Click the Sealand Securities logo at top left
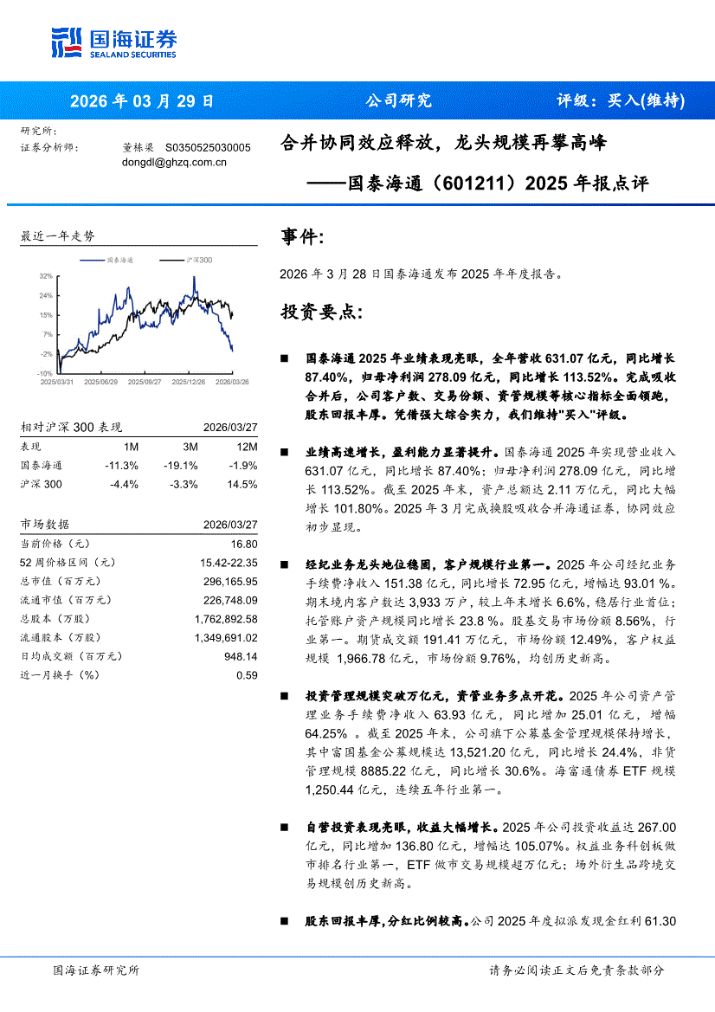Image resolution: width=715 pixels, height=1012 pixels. point(113,42)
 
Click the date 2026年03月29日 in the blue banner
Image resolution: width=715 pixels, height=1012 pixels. point(141,100)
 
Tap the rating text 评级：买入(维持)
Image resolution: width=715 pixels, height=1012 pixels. point(620,100)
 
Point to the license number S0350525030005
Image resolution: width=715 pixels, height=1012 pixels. point(208,148)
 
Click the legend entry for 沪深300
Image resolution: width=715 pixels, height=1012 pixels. point(199,260)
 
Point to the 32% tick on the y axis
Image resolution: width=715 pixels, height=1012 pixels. point(45,276)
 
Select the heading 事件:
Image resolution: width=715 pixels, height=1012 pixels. point(303,237)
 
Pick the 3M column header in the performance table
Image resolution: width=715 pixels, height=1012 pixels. point(190,447)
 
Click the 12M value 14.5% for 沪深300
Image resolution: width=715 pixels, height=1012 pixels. point(242,484)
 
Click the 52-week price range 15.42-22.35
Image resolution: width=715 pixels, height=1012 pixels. point(229,563)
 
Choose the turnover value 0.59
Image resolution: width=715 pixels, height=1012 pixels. point(248,675)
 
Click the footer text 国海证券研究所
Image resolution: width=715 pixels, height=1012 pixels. point(95,970)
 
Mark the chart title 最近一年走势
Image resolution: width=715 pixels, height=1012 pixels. point(57,235)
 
